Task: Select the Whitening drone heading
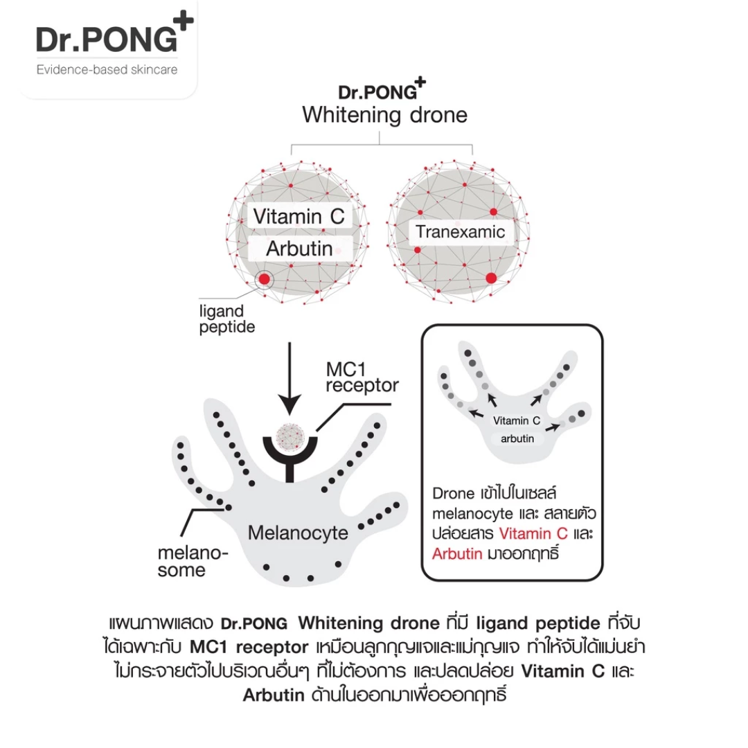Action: click(x=384, y=114)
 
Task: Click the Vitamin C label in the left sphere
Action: click(x=298, y=216)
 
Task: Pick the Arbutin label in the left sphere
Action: click(x=299, y=249)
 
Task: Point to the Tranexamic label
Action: click(x=461, y=232)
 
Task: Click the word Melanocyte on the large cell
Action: click(x=298, y=533)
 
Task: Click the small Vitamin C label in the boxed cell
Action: click(x=516, y=420)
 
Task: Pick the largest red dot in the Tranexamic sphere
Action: click(x=492, y=278)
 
